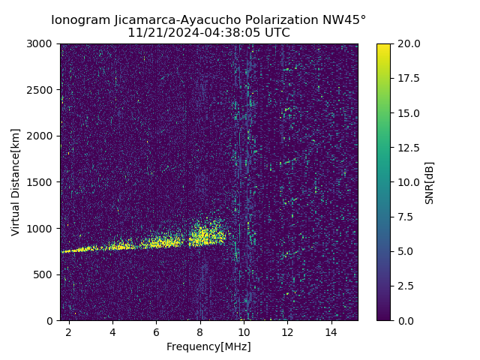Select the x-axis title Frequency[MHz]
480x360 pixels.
pyautogui.click(x=208, y=346)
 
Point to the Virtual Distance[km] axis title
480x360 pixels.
pyautogui.click(x=16, y=182)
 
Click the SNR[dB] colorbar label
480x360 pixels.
pyautogui.click(x=430, y=182)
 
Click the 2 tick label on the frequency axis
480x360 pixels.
pyautogui.click(x=69, y=331)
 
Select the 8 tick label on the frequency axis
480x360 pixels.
pyautogui.click(x=200, y=331)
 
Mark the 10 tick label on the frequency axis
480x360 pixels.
pyautogui.click(x=244, y=331)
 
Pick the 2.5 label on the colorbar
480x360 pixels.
pyautogui.click(x=405, y=286)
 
